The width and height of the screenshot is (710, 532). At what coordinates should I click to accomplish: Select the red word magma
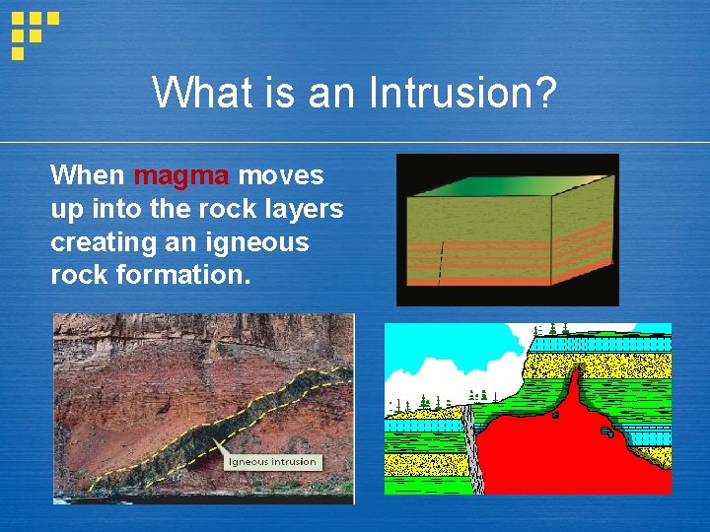click(181, 176)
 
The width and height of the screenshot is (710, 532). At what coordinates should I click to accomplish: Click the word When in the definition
click(88, 176)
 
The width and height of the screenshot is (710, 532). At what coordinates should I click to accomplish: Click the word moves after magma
click(281, 176)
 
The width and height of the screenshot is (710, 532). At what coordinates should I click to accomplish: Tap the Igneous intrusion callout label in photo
click(272, 461)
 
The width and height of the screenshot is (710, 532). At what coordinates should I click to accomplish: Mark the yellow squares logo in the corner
click(34, 32)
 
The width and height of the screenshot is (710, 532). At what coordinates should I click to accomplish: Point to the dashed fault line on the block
click(440, 262)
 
